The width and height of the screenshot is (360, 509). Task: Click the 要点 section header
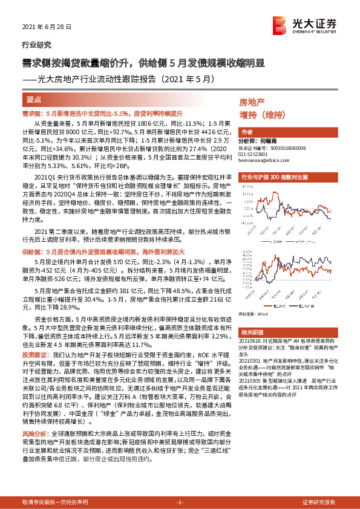pyautogui.click(x=34, y=99)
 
